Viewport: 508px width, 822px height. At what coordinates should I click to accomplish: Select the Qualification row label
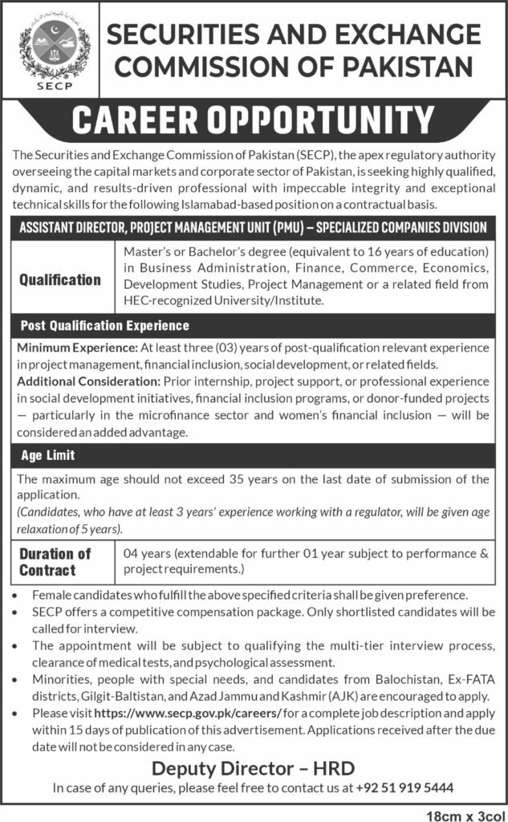61,280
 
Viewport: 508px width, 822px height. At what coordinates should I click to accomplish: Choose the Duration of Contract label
55,562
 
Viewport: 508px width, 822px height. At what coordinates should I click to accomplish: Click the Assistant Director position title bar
254,227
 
